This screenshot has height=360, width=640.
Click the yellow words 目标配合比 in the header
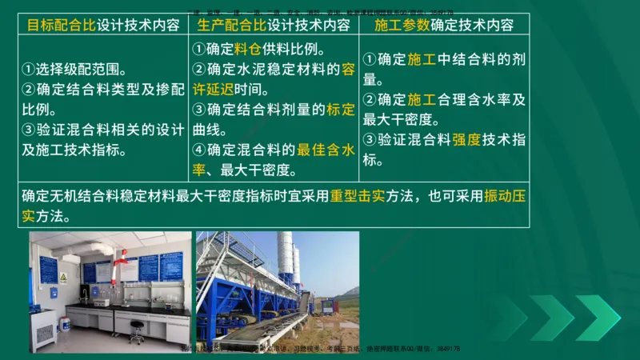[x=61, y=24]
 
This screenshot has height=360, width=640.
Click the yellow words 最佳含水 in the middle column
[x=327, y=150]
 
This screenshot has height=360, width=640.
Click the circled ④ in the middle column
[x=199, y=150]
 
